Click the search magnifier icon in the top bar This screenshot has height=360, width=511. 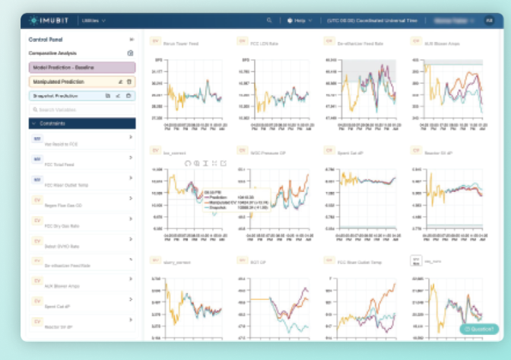coord(269,20)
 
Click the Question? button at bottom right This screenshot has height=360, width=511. coord(478,329)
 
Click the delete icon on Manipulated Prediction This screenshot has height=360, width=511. coord(129,81)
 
